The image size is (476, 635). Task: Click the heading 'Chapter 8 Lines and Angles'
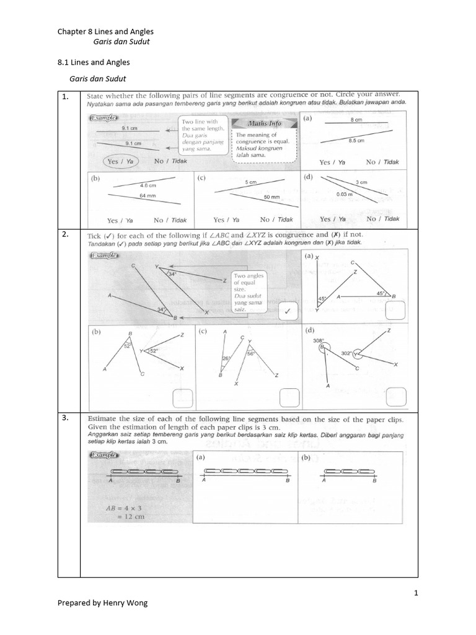[105, 31]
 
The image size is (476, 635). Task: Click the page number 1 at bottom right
[416, 593]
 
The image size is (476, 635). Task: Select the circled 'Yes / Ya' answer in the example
[121, 161]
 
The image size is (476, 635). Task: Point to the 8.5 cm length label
[356, 141]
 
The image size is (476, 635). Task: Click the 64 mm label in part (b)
[148, 196]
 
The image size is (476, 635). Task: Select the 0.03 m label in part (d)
[345, 194]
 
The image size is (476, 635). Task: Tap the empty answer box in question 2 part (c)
[289, 396]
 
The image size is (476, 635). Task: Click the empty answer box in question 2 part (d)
[395, 395]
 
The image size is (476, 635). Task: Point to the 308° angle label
[318, 340]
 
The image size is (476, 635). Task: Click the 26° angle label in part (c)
[226, 358]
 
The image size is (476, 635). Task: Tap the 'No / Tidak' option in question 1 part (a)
[382, 162]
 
